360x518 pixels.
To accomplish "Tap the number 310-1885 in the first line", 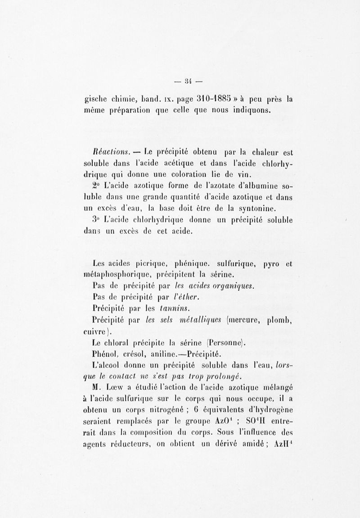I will click(190, 100).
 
